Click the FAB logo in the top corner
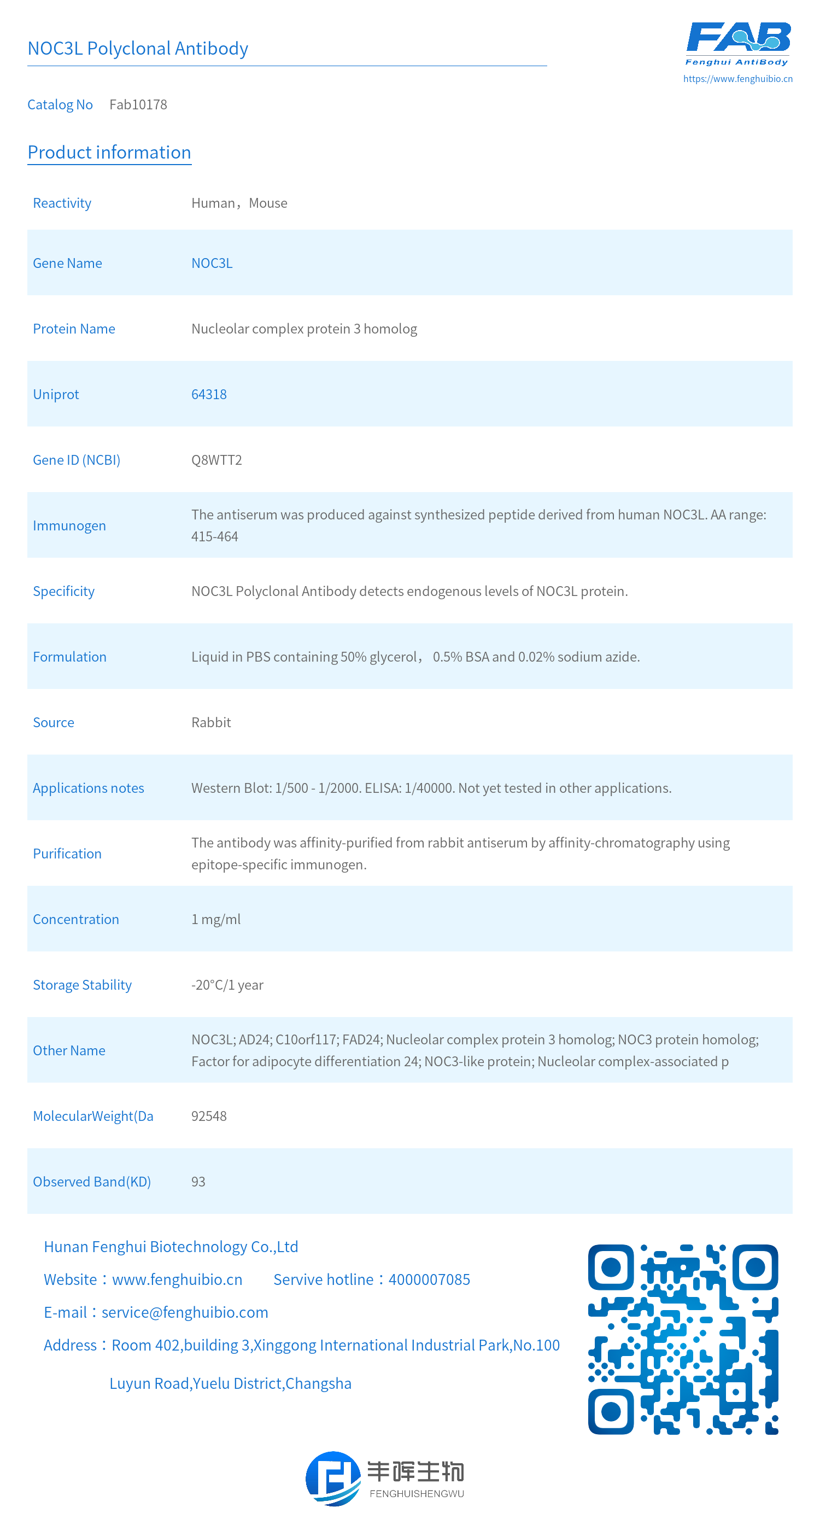[738, 43]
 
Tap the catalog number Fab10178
[138, 104]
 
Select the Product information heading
[109, 152]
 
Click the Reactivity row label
[62, 203]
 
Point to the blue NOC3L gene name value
[212, 264]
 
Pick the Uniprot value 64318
[209, 395]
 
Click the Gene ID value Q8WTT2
[216, 460]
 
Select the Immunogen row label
[69, 526]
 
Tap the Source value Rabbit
[211, 723]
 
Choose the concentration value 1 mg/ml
[216, 920]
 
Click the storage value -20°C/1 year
[227, 985]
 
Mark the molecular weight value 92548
[209, 1116]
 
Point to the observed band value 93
[198, 1182]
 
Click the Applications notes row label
[88, 788]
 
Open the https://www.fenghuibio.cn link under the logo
[737, 78]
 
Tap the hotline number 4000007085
[429, 1279]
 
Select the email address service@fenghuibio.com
[185, 1312]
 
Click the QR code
[683, 1339]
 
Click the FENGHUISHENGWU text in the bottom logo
[417, 1494]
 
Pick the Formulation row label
[69, 657]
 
